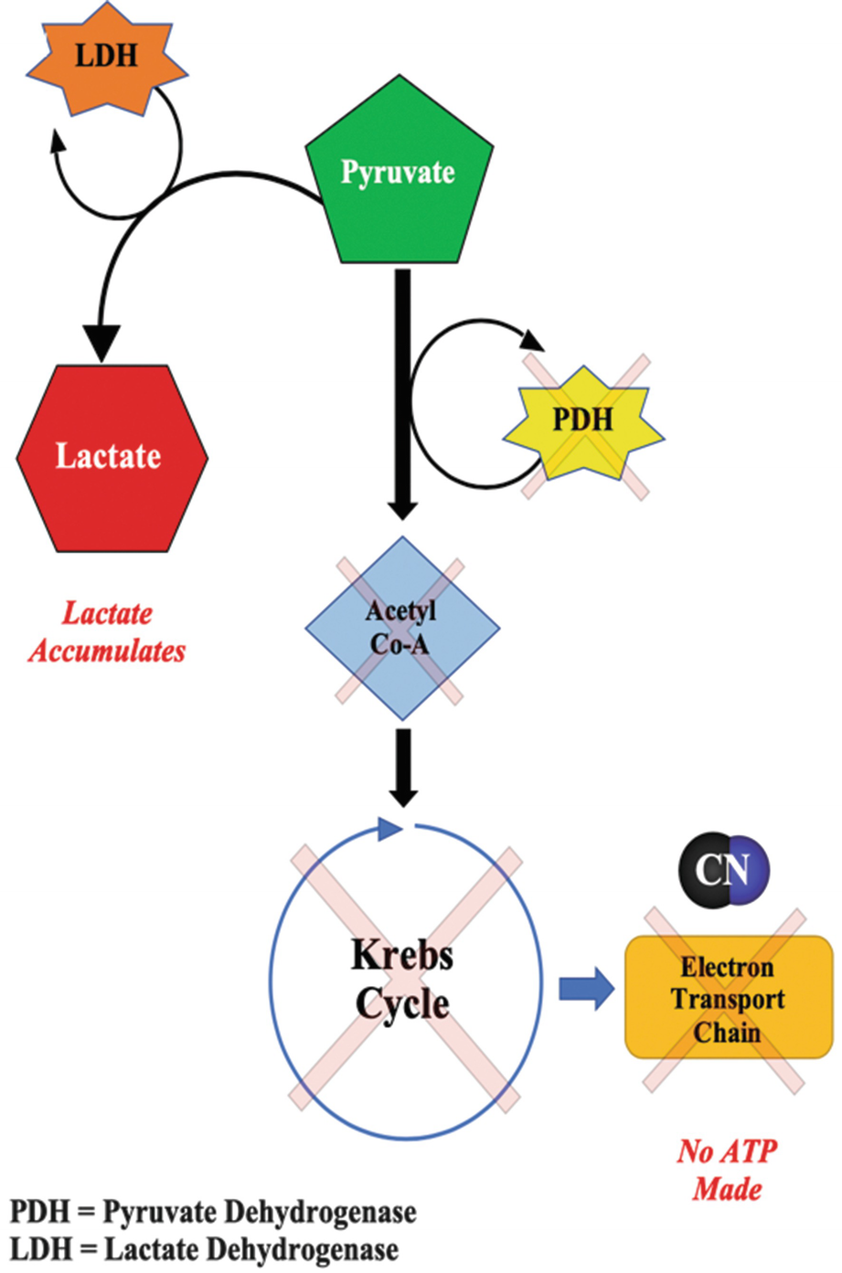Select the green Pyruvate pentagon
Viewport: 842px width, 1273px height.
(399, 178)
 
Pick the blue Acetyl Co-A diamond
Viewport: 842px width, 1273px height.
(401, 629)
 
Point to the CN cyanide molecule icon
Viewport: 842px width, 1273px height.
(723, 869)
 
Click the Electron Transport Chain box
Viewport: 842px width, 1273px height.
(728, 999)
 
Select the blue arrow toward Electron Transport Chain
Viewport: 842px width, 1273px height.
(586, 988)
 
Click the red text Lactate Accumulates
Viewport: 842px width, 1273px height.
(107, 632)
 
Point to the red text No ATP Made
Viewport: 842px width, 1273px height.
(728, 1170)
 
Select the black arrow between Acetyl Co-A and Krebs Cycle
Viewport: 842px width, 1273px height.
(403, 766)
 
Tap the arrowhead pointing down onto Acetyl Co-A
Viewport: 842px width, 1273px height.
(401, 508)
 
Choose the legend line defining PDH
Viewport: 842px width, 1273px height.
(213, 1213)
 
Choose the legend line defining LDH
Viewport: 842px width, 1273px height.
(204, 1249)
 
